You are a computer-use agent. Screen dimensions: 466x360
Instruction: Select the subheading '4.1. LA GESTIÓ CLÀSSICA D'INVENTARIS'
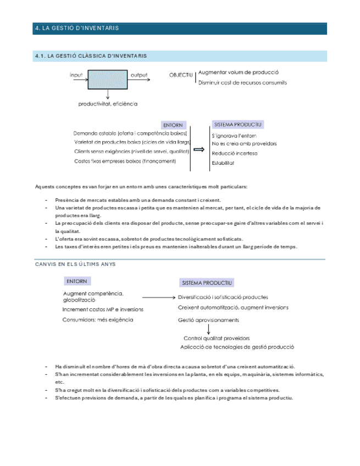pyautogui.click(x=90, y=56)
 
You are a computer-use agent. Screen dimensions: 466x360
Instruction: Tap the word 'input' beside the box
pyautogui.click(x=76, y=74)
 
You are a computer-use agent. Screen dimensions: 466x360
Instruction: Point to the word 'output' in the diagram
pyautogui.click(x=139, y=74)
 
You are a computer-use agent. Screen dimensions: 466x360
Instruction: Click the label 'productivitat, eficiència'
pyautogui.click(x=108, y=103)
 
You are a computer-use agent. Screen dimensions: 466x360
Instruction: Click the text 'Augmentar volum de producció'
pyautogui.click(x=239, y=72)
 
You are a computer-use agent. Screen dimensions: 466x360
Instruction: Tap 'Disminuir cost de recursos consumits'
pyautogui.click(x=242, y=82)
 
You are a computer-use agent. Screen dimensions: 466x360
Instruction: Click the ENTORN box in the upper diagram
pyautogui.click(x=173, y=125)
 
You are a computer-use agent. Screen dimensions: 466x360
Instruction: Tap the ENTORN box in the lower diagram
pyautogui.click(x=77, y=281)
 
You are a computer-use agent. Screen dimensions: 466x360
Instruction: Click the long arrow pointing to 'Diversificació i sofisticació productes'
pyautogui.click(x=156, y=297)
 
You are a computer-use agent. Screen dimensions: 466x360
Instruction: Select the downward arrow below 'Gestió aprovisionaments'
pyautogui.click(x=209, y=330)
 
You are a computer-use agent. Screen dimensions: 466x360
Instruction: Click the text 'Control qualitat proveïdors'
pyautogui.click(x=217, y=339)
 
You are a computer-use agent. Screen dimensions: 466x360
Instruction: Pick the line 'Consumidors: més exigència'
pyautogui.click(x=97, y=320)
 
